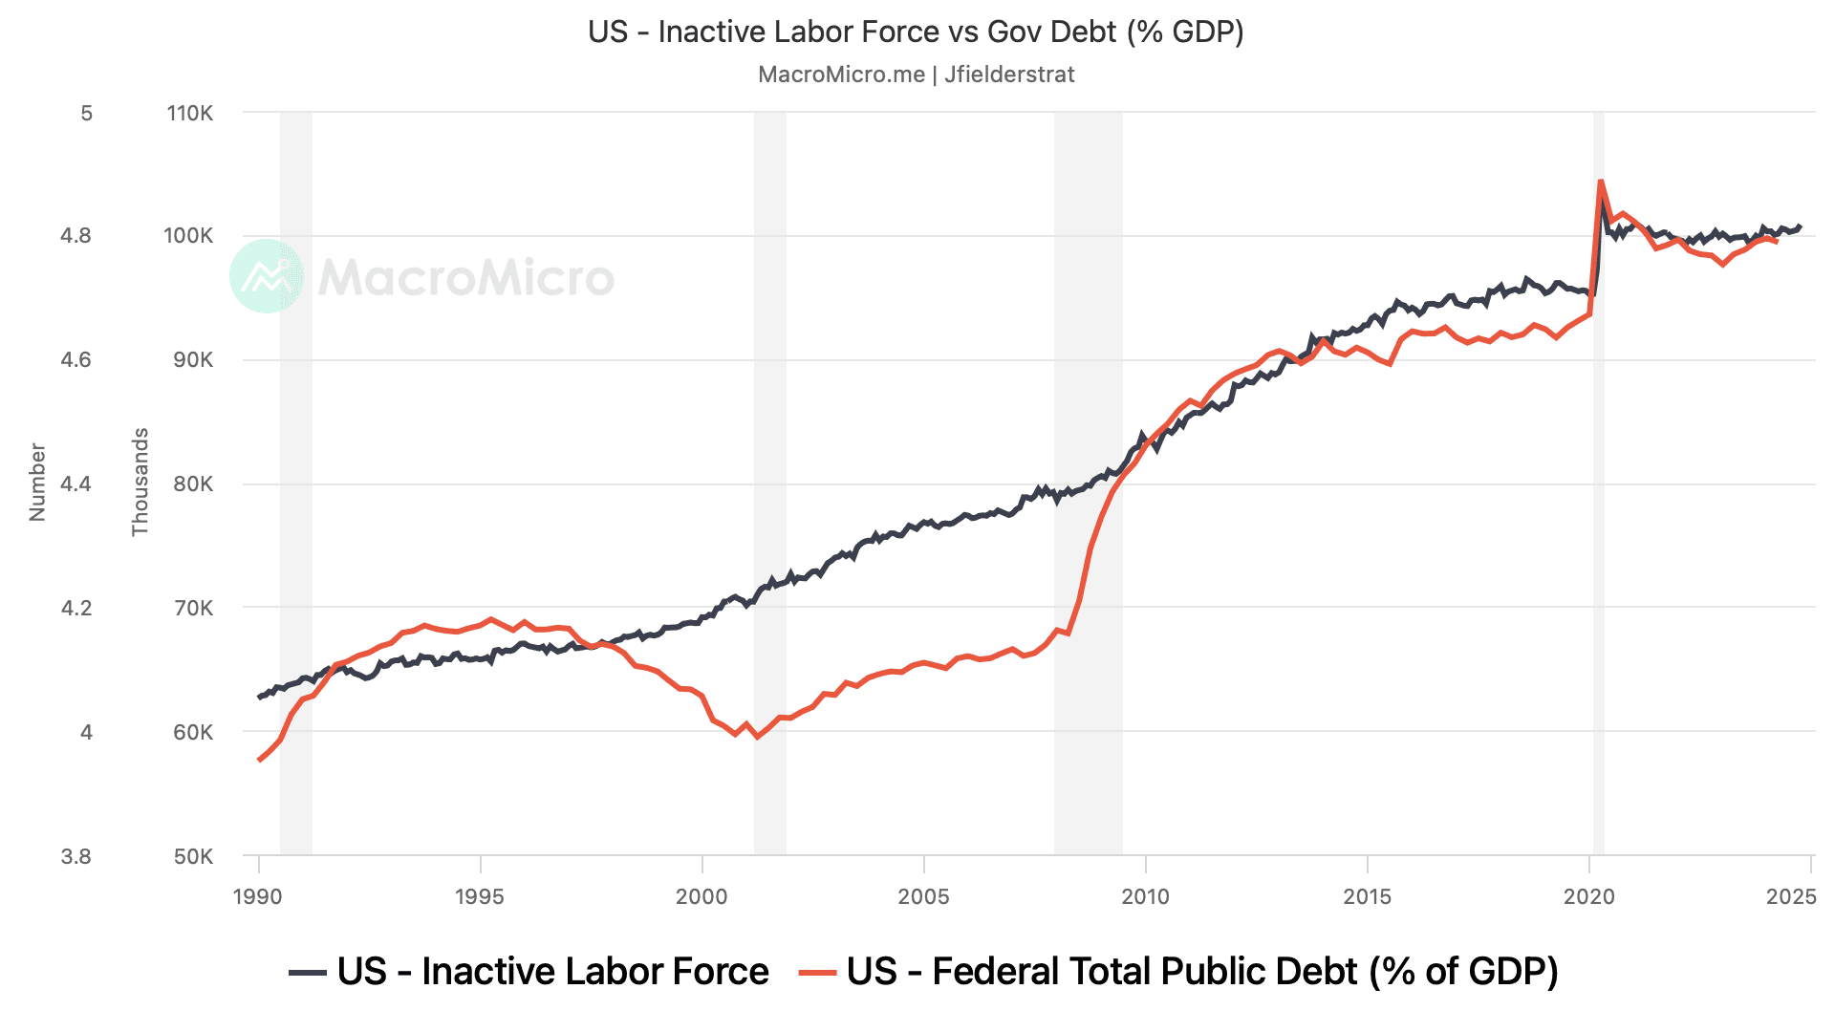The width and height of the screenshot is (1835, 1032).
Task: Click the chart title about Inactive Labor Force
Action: pyautogui.click(x=916, y=32)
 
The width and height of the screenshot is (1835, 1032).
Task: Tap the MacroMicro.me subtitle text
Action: pyautogui.click(x=916, y=75)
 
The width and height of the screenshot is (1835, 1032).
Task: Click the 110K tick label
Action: pyautogui.click(x=190, y=114)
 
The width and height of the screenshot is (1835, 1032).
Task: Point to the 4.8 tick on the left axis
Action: pyautogui.click(x=76, y=236)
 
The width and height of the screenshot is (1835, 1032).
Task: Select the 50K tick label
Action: pyautogui.click(x=193, y=857)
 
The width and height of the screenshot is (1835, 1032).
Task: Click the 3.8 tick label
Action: pyautogui.click(x=76, y=857)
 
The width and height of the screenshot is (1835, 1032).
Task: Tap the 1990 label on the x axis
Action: pyautogui.click(x=258, y=896)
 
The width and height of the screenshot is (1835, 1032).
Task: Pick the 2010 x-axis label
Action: pyautogui.click(x=1145, y=896)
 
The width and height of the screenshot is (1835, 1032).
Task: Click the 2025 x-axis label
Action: pyautogui.click(x=1791, y=896)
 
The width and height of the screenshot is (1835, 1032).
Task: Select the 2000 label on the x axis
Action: pyautogui.click(x=702, y=896)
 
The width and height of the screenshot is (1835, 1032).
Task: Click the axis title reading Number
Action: pyautogui.click(x=37, y=482)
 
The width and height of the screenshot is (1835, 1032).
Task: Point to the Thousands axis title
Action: pyautogui.click(x=140, y=482)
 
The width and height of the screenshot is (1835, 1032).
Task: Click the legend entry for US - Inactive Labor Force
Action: pyautogui.click(x=529, y=972)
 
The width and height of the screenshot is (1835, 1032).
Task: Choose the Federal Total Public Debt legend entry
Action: pyautogui.click(x=1179, y=972)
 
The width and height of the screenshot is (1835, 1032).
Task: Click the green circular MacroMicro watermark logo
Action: pyautogui.click(x=267, y=276)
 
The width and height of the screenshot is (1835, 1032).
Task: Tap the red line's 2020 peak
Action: pyautogui.click(x=1600, y=181)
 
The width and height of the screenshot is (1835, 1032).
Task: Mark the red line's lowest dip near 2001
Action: pyautogui.click(x=757, y=737)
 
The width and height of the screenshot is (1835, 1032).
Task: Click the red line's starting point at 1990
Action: pyautogui.click(x=259, y=760)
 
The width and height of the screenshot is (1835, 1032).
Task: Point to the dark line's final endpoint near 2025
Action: pyautogui.click(x=1800, y=226)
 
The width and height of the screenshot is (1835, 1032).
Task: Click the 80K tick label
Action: pyautogui.click(x=190, y=484)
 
